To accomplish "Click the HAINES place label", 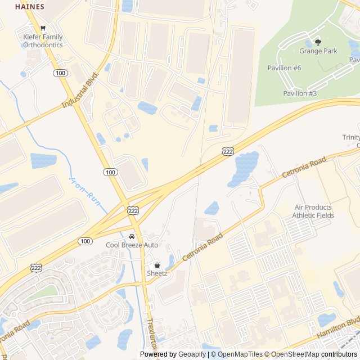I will [30, 7].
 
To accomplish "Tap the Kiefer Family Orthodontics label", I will [43, 41].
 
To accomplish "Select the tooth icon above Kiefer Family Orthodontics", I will [42, 28].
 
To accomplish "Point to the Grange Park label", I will [318, 51].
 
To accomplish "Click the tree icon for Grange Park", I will [318, 42].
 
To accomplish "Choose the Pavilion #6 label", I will [284, 67].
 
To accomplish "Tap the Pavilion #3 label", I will [300, 93].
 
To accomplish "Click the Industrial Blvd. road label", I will [80, 89].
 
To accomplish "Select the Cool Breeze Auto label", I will [132, 245].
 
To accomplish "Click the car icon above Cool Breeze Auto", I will [132, 236].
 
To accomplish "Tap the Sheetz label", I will [157, 273].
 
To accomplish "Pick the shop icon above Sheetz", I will [157, 265].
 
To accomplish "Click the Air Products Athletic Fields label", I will [314, 211].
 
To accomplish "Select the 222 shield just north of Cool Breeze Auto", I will [133, 210].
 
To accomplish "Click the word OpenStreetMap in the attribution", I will [292, 354].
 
